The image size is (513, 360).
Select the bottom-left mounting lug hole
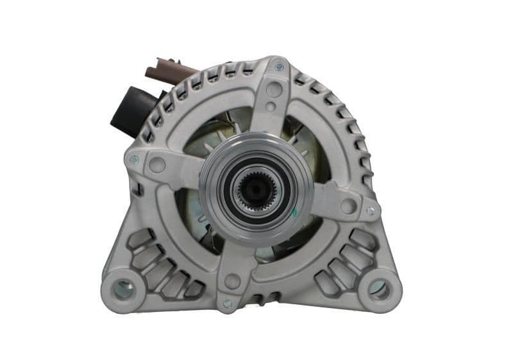click(124, 289)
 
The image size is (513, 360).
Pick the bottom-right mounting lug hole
click(379, 289)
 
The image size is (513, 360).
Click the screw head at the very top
click(279, 66)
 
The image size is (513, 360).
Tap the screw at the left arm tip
click(134, 160)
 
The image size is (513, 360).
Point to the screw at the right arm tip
click(371, 210)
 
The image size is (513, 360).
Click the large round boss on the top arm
click(274, 90)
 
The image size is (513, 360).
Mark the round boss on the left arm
click(157, 166)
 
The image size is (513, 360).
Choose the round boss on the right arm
click(348, 205)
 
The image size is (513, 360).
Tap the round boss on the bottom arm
click(232, 281)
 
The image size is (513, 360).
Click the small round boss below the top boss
click(271, 107)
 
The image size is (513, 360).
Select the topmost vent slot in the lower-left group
click(140, 239)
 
